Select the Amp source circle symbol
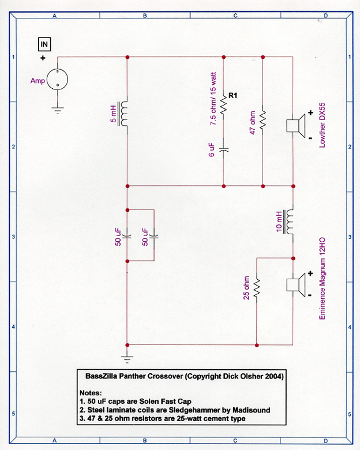57,78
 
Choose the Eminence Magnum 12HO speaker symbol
297,285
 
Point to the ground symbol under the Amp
57,110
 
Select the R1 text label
234,95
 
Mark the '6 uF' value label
211,150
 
